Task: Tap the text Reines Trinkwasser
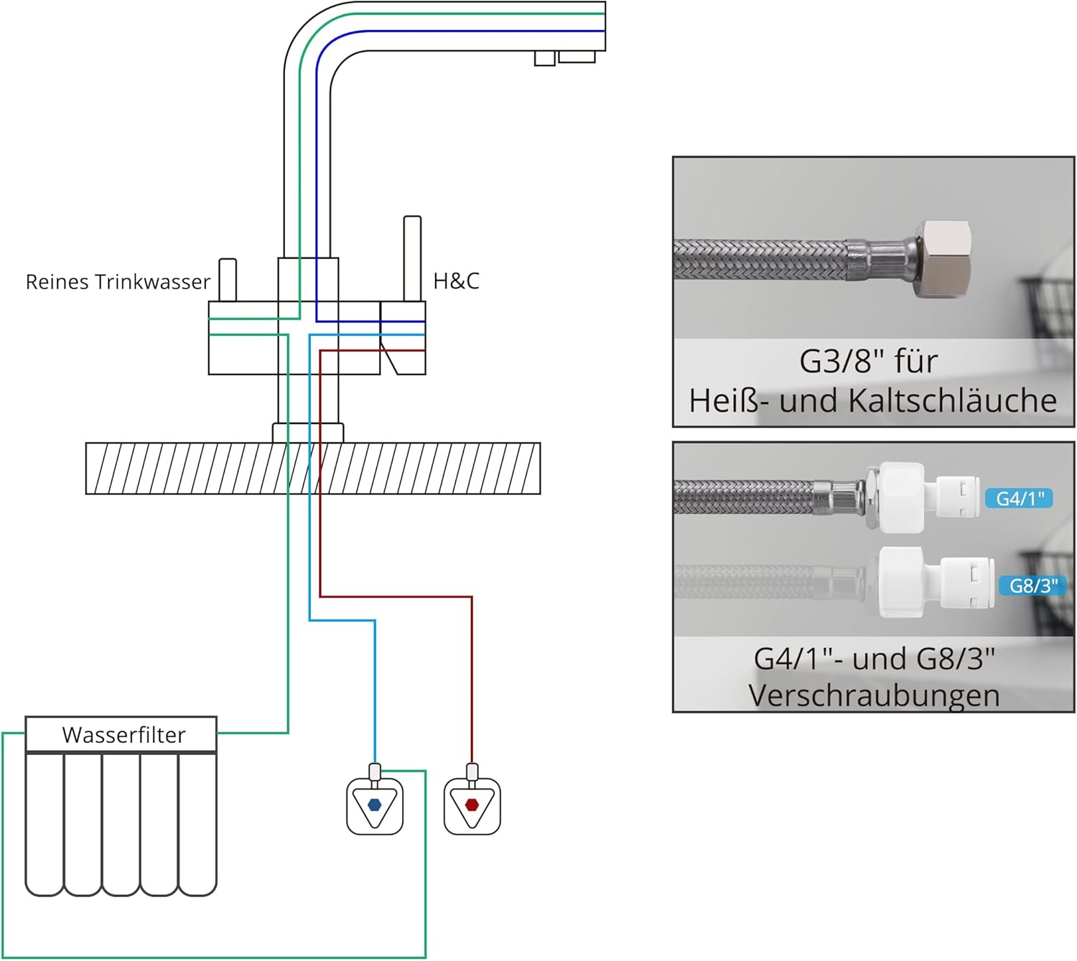[118, 282]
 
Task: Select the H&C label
[456, 281]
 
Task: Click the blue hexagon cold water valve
[374, 805]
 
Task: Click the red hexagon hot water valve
[472, 805]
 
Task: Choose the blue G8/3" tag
[1032, 586]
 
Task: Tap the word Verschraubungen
[874, 695]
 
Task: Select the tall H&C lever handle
[412, 258]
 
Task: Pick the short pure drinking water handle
[228, 280]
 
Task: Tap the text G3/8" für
[868, 361]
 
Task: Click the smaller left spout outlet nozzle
[545, 59]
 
